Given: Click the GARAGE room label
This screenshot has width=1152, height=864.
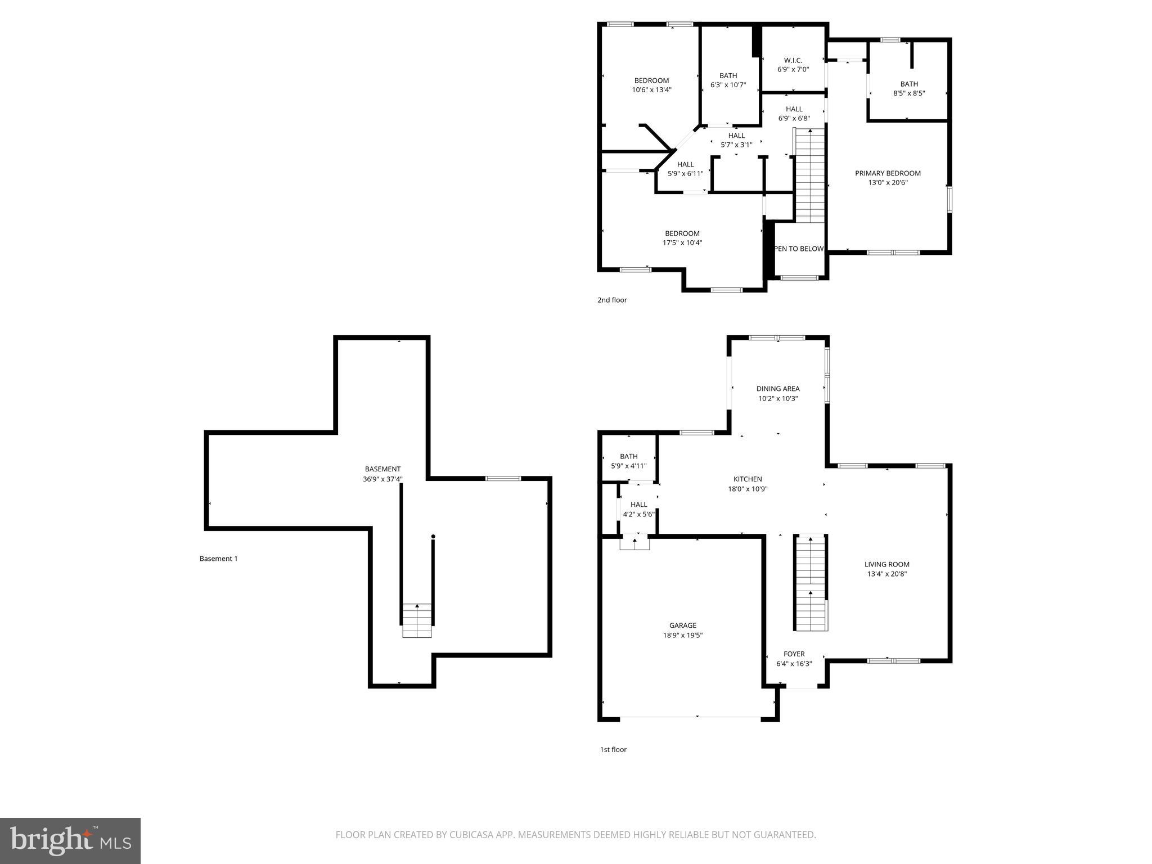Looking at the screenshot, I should [682, 625].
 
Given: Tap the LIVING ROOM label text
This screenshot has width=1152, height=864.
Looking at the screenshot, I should [886, 564].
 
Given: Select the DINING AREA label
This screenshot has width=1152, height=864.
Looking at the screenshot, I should [777, 388].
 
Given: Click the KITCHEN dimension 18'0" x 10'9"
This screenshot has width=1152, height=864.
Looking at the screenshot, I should [748, 489].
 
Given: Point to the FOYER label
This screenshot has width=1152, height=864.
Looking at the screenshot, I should [794, 654].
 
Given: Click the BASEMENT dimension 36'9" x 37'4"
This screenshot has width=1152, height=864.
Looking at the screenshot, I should [382, 479].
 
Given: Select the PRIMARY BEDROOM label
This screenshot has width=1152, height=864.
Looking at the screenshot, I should [888, 173].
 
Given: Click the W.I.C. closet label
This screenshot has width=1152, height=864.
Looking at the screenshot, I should [793, 60].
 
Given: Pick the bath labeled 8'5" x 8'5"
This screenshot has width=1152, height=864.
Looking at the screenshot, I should [908, 89].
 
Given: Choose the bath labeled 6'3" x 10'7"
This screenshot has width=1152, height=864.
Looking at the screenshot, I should [728, 80].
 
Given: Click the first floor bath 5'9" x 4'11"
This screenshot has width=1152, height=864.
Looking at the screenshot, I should [628, 461].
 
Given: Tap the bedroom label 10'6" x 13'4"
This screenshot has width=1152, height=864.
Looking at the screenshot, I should [651, 85].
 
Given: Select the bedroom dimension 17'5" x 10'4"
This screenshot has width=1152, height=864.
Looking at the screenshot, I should [682, 243].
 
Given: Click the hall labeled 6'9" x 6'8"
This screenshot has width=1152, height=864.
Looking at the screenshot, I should [794, 114].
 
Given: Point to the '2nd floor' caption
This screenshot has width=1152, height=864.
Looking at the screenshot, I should [612, 300].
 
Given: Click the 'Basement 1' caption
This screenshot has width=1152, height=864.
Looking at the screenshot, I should [218, 559].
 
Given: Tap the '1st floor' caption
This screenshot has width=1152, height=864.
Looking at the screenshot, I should [613, 749].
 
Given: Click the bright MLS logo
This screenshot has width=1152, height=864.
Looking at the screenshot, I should [70, 840].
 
